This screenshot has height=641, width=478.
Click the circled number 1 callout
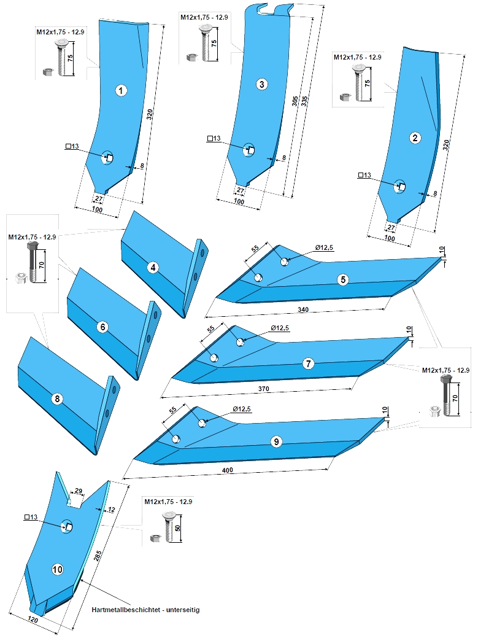(121, 90)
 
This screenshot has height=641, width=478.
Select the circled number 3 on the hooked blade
(262, 84)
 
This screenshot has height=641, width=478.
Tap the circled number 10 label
(58, 569)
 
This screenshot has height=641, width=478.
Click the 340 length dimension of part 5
(303, 309)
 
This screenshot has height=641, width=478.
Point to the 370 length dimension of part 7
(263, 389)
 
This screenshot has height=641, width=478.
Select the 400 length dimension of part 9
(228, 470)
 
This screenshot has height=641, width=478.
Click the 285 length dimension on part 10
(98, 555)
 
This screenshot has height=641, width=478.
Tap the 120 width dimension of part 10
(33, 620)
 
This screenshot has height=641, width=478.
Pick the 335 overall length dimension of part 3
(304, 101)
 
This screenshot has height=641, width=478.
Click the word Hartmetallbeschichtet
(125, 610)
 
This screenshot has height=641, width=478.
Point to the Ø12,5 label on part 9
(242, 409)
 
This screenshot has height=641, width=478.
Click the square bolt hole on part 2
(401, 187)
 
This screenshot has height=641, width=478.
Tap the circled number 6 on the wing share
(102, 327)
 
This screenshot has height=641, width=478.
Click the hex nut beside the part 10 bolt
(156, 538)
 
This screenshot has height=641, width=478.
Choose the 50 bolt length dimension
(178, 528)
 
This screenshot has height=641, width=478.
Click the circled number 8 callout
(57, 398)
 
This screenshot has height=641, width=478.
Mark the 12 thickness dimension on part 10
(111, 510)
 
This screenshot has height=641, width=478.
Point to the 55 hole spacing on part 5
(255, 249)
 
